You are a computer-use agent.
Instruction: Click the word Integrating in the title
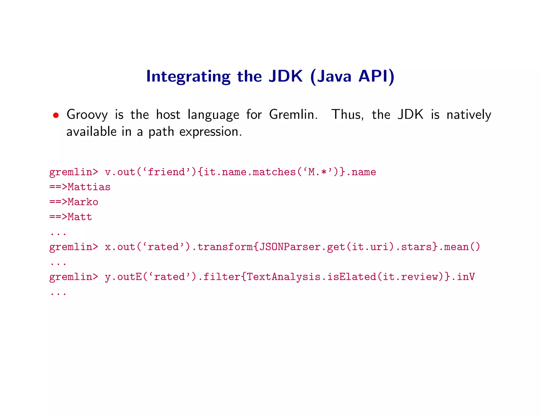point(188,77)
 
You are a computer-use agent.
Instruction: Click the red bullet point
point(56,115)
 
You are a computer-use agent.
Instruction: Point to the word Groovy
point(87,115)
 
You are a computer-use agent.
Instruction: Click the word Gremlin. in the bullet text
point(293,115)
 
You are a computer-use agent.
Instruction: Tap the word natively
point(469,115)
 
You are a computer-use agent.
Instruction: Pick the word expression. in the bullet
point(211,132)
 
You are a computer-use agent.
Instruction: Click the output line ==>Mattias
point(80,187)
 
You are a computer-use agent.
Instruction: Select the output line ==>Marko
point(74,202)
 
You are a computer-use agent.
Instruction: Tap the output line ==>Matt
point(71,217)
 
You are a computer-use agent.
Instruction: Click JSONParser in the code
point(290,247)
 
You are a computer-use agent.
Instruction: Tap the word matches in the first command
point(274,172)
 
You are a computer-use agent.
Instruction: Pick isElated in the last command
point(352,277)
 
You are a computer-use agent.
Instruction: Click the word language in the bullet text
point(213,115)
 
